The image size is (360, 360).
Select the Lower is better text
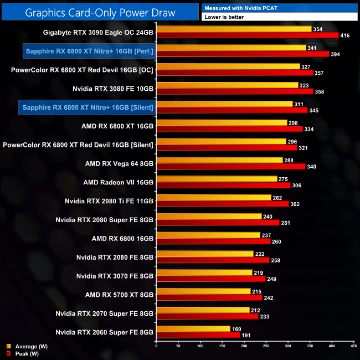(x=227, y=17)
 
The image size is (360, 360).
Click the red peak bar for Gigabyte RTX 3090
(x=248, y=35)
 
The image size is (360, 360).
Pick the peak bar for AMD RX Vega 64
(x=231, y=166)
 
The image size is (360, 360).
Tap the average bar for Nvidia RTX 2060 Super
(x=193, y=329)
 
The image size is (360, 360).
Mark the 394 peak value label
(x=337, y=54)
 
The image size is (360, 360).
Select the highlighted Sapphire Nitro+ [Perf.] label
(x=89, y=52)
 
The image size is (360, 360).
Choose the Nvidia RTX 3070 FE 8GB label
(x=115, y=275)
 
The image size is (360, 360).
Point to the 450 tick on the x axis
(x=353, y=346)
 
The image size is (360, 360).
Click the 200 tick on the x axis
(x=244, y=346)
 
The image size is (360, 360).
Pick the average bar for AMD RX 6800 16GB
(x=208, y=235)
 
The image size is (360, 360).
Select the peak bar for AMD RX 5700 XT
(x=210, y=297)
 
